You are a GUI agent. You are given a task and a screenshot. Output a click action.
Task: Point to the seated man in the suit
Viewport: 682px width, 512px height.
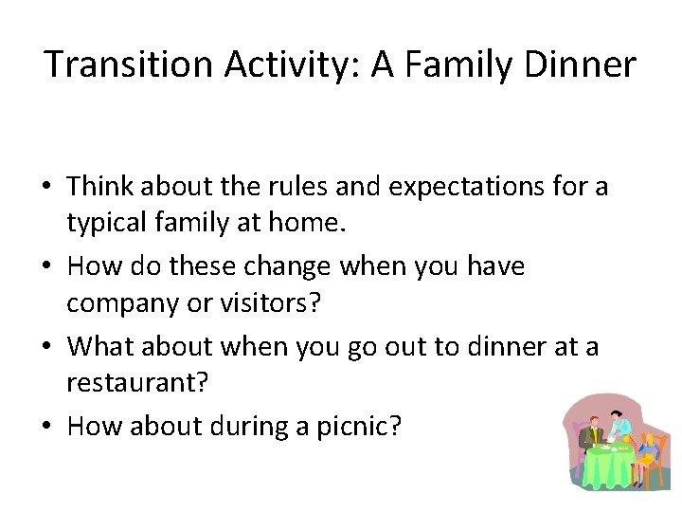tap(590, 435)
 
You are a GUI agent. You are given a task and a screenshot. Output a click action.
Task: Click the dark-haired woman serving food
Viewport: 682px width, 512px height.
tap(619, 423)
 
